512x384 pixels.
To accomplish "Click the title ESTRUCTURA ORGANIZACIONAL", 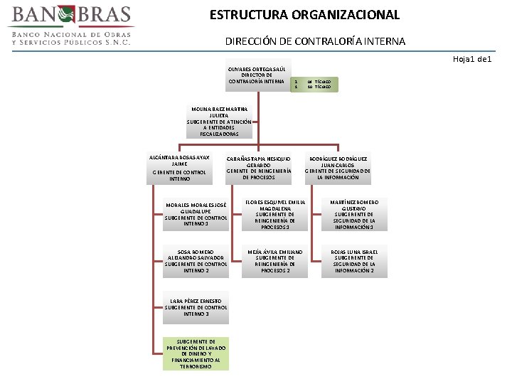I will click(x=304, y=14).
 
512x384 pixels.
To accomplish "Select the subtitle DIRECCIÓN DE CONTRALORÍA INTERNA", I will click(x=315, y=41).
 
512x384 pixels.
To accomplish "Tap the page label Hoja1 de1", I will click(x=472, y=58).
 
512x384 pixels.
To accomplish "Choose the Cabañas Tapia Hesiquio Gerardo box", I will click(x=259, y=168).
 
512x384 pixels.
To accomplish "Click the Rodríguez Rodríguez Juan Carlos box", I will click(x=338, y=168).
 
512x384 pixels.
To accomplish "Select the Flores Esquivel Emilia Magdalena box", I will click(x=275, y=214).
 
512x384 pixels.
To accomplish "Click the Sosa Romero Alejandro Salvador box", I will click(x=196, y=261).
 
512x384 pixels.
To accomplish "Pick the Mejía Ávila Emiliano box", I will click(x=275, y=261).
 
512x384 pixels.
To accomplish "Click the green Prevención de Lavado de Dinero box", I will click(x=196, y=353).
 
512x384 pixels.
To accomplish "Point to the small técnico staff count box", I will click(x=314, y=84).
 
